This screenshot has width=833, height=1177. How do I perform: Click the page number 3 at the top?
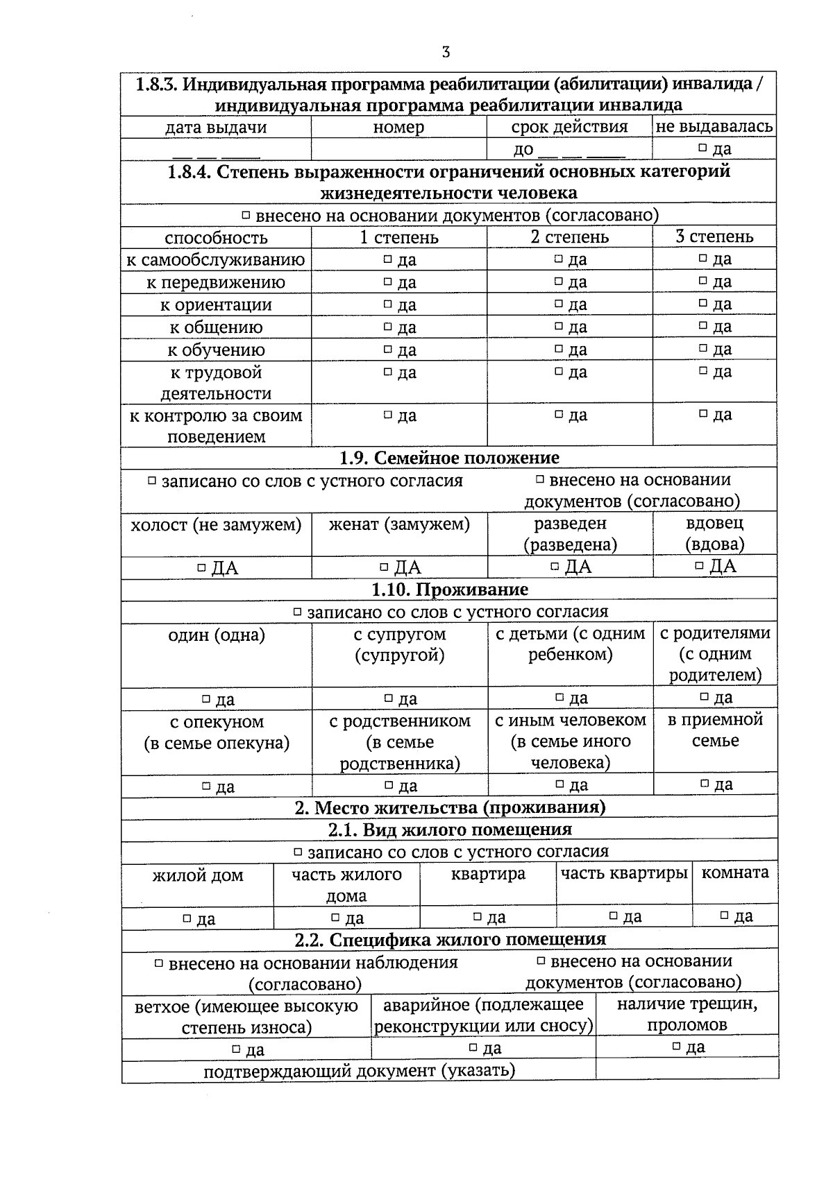click(446, 52)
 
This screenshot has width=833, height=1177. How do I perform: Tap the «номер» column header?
click(398, 127)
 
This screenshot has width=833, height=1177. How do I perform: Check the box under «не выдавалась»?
click(702, 148)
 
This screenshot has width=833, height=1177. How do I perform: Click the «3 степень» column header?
click(714, 237)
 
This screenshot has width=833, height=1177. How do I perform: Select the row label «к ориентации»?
click(216, 304)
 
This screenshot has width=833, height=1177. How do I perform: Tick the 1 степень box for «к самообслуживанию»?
click(387, 259)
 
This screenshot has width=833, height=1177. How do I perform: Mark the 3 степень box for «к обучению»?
click(702, 348)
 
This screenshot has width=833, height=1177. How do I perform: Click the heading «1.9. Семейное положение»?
click(449, 458)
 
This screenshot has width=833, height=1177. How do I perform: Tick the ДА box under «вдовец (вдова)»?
click(700, 566)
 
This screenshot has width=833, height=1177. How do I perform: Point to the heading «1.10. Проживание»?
click(449, 590)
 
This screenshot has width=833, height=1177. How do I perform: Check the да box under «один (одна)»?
click(206, 699)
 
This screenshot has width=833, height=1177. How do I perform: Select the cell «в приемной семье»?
click(715, 730)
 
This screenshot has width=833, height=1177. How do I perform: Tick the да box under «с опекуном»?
click(206, 787)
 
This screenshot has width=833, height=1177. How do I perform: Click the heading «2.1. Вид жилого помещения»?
click(449, 830)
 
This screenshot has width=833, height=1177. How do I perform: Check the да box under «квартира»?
click(478, 917)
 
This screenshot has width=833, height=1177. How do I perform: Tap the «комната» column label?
click(735, 873)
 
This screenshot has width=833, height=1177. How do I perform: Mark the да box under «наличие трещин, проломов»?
click(676, 1047)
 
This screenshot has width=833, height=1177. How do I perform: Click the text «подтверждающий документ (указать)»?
click(359, 1070)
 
